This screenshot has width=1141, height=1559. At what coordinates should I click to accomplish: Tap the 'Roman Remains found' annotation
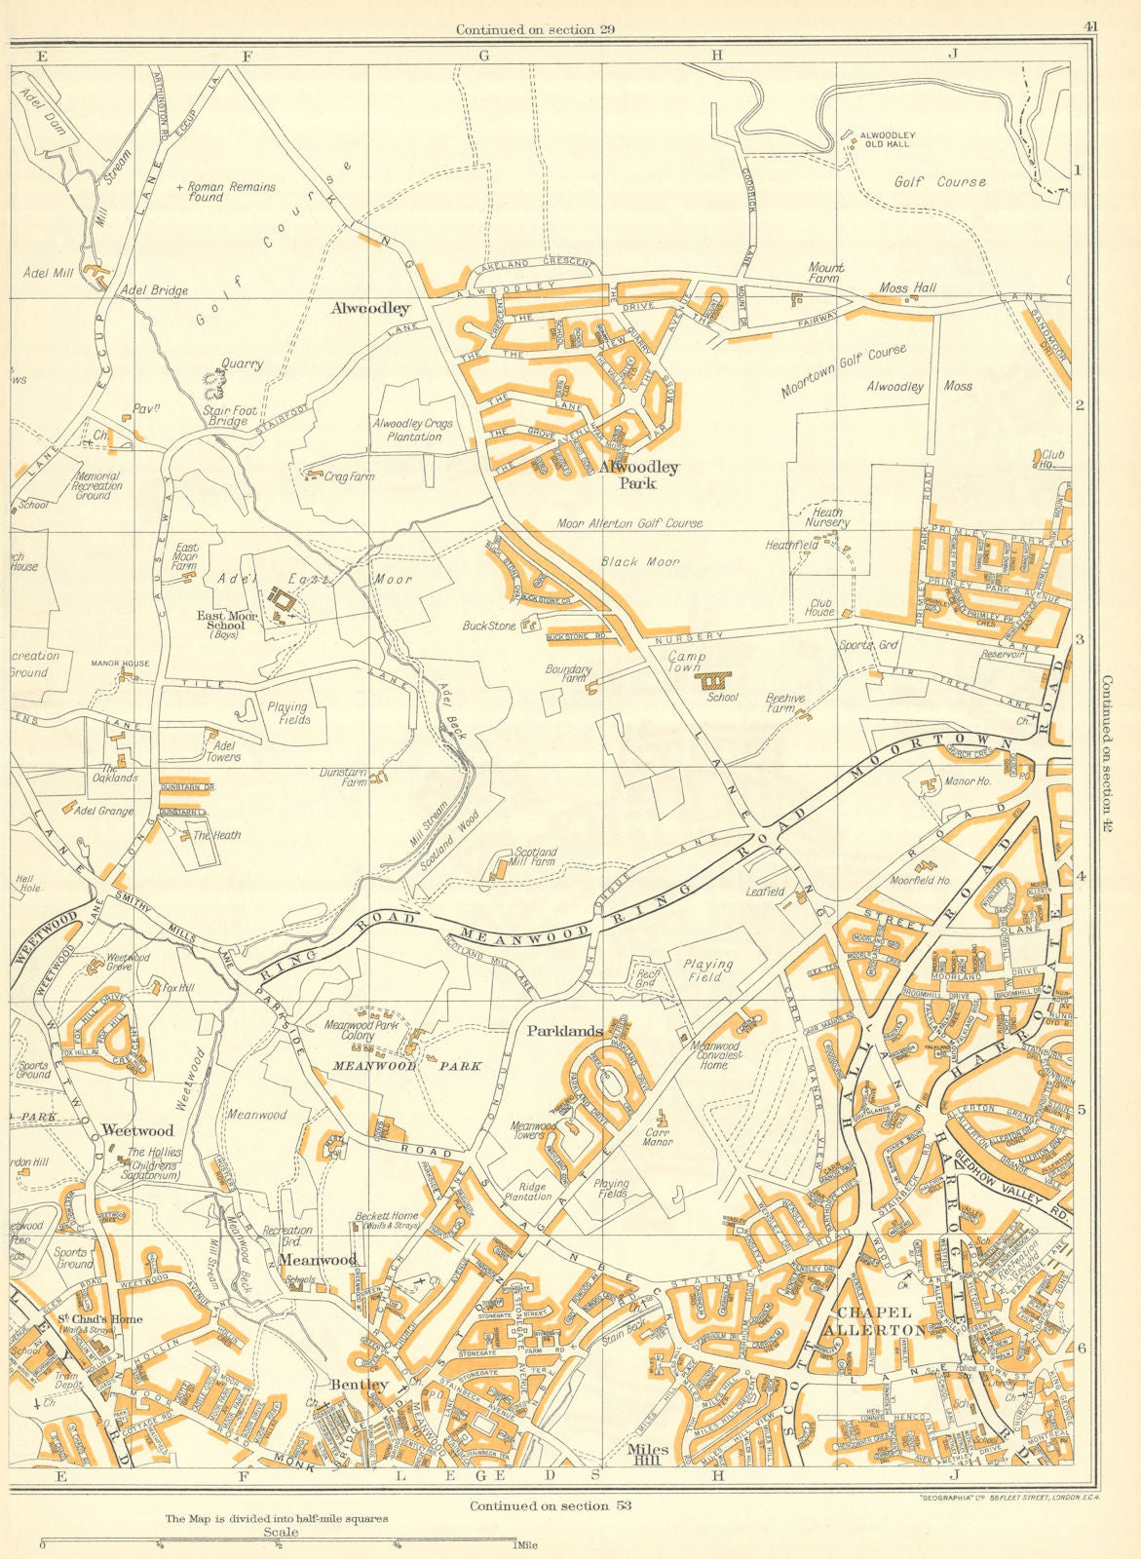226,191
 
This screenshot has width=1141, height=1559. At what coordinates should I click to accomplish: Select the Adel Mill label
45,274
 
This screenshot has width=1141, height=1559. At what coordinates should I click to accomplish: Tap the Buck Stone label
489,627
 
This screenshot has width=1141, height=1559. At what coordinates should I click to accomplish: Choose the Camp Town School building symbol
717,679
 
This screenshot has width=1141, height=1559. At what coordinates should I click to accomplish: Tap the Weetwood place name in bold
137,1130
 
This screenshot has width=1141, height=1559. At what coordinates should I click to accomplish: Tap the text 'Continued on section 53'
550,1505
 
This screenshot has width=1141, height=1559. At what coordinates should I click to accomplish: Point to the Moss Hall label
907,287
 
